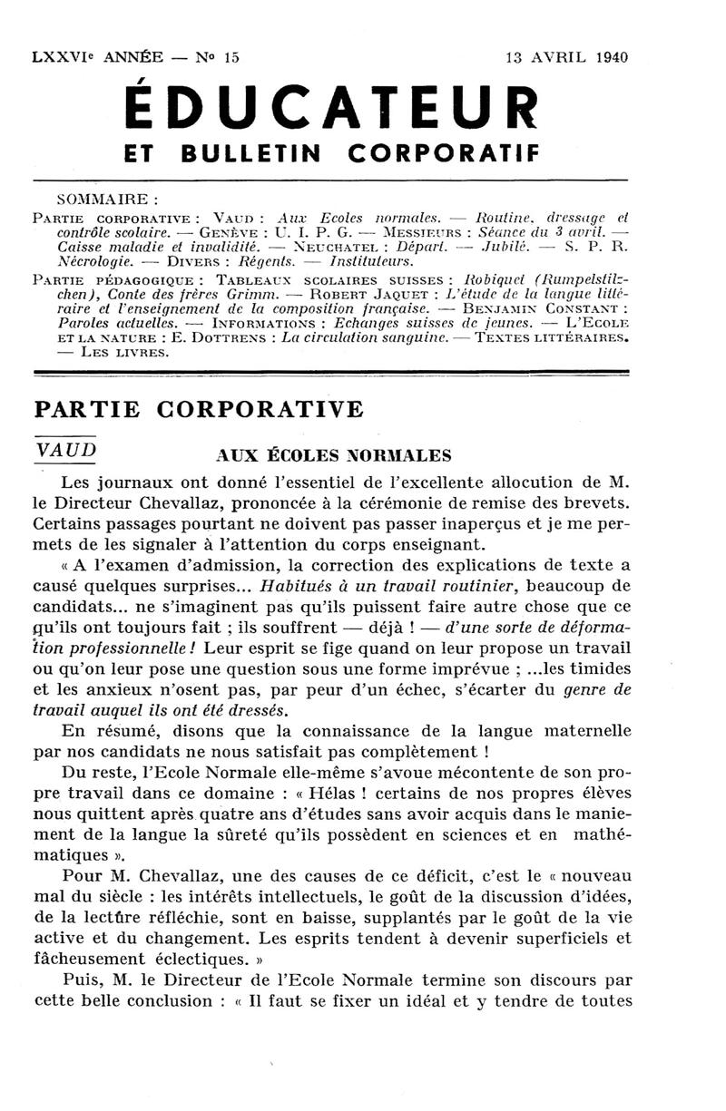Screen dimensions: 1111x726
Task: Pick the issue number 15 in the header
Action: click(231, 56)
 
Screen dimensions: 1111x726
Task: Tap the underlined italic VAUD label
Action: click(65, 451)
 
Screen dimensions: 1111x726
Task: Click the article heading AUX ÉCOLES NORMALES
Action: click(334, 454)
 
